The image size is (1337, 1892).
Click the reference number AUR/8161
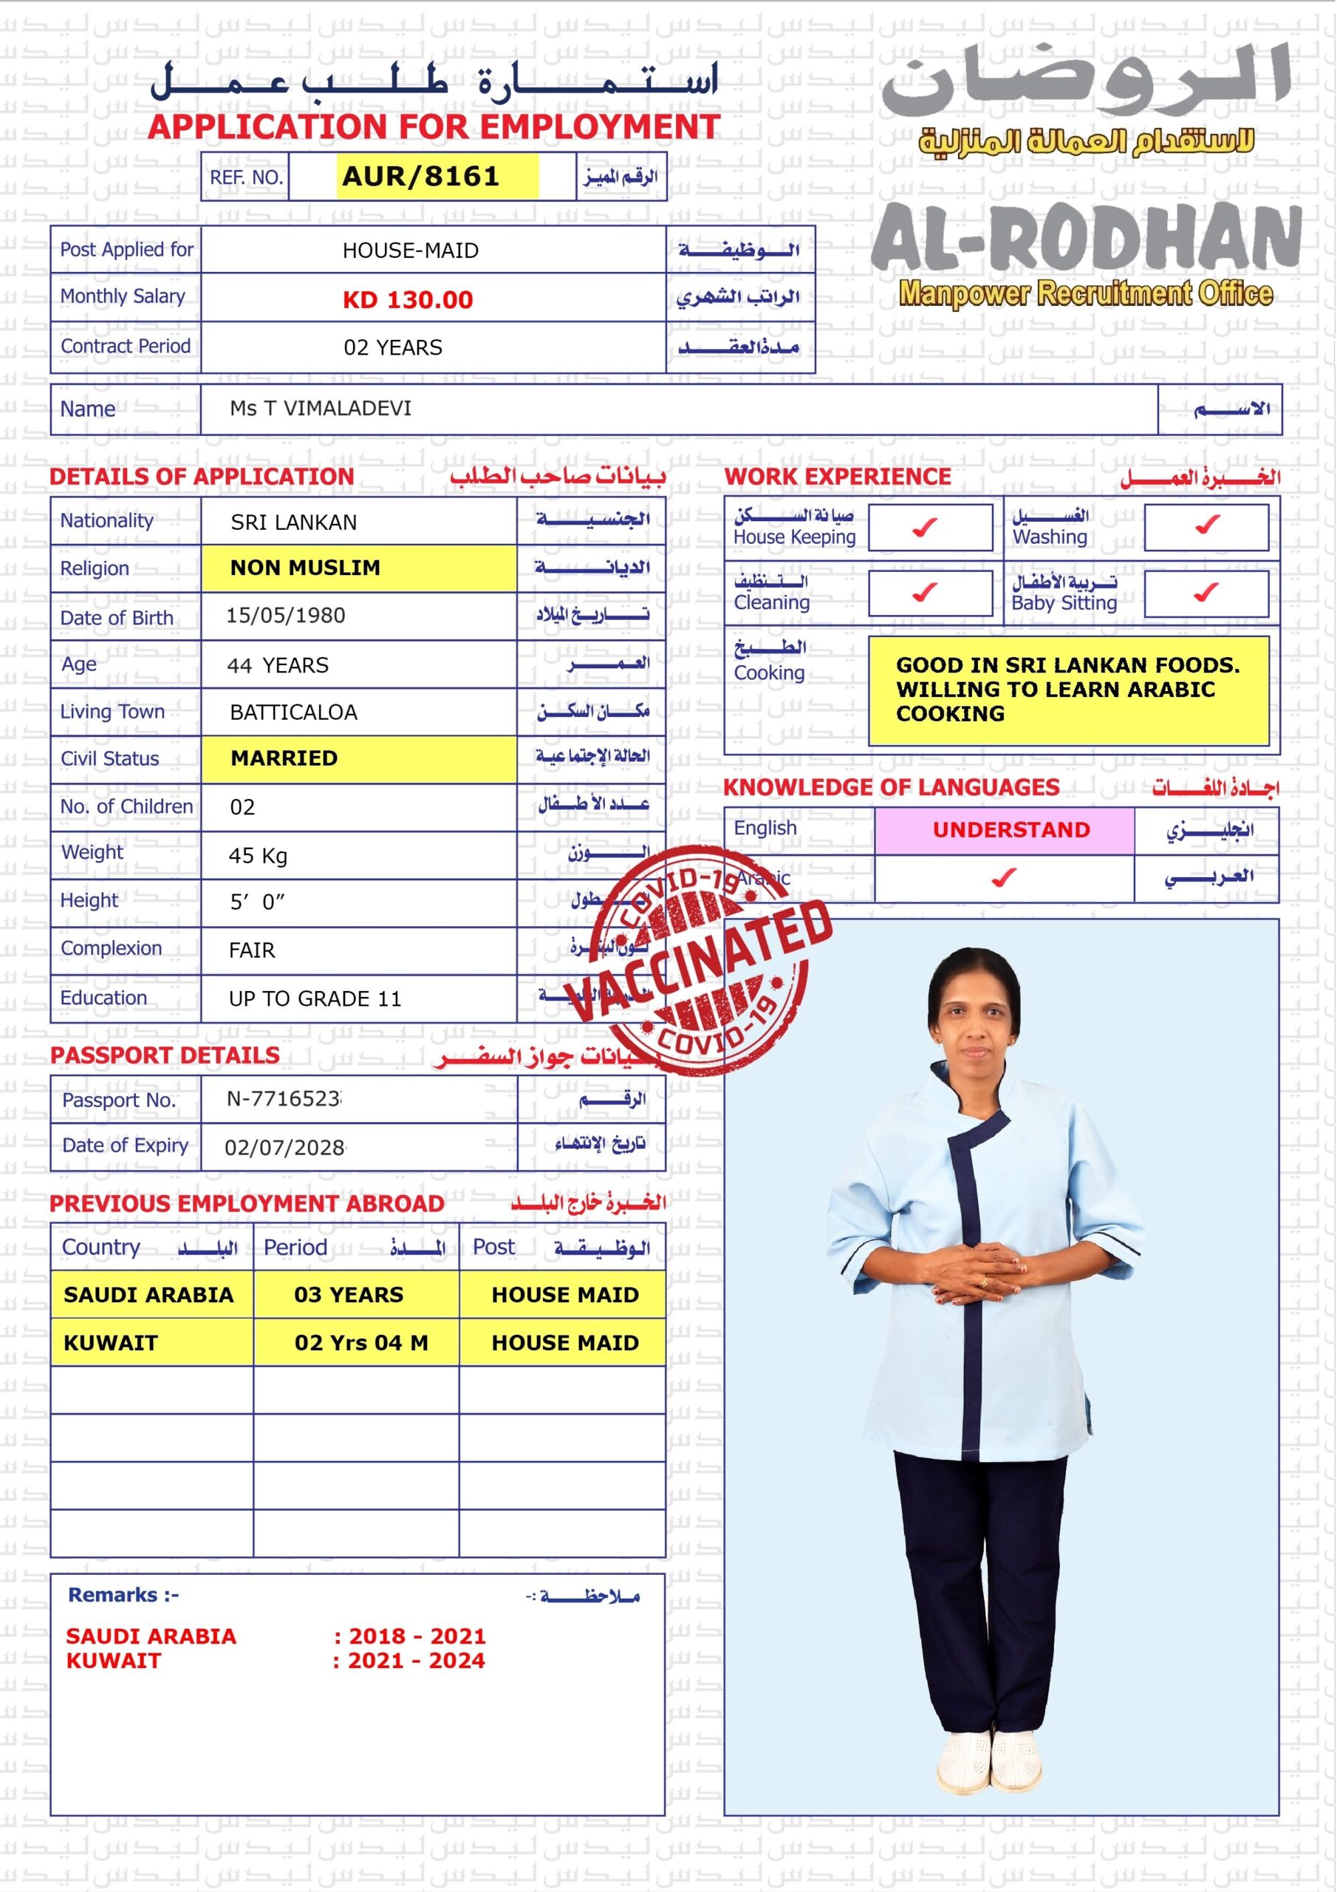[x=421, y=177]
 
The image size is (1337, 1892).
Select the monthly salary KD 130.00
[x=408, y=300]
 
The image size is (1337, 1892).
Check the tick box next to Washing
[x=1207, y=524]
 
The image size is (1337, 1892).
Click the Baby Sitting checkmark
[x=1206, y=592]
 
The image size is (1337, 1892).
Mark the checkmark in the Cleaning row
[x=925, y=592]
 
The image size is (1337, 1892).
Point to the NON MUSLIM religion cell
[x=306, y=568]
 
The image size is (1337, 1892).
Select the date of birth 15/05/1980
[x=286, y=616]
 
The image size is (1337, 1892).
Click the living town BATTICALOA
[x=293, y=712]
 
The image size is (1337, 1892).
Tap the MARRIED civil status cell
[x=284, y=758]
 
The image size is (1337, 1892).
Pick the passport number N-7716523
[x=284, y=1098]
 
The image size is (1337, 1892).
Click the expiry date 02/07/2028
[x=285, y=1147]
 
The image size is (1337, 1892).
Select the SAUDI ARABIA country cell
[x=148, y=1295]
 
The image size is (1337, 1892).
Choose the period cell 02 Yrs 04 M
[x=360, y=1342]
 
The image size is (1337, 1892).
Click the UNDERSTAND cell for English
[x=1011, y=830]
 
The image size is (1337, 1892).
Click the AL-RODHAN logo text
[x=1086, y=237]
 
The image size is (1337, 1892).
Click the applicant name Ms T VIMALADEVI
[x=321, y=409]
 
